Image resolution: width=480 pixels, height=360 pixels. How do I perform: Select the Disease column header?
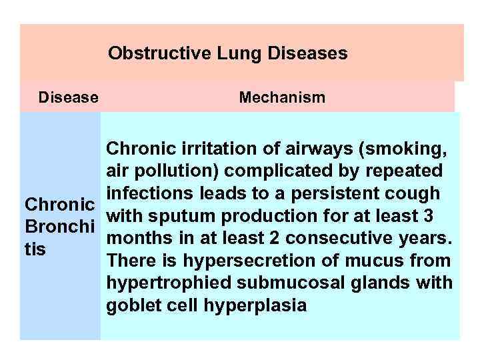69,98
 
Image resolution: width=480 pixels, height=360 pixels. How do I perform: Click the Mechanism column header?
282,98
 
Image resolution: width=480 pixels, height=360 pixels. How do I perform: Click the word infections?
143,193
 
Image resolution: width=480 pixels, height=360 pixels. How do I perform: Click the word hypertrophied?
156,283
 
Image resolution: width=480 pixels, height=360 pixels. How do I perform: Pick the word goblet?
127,306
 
